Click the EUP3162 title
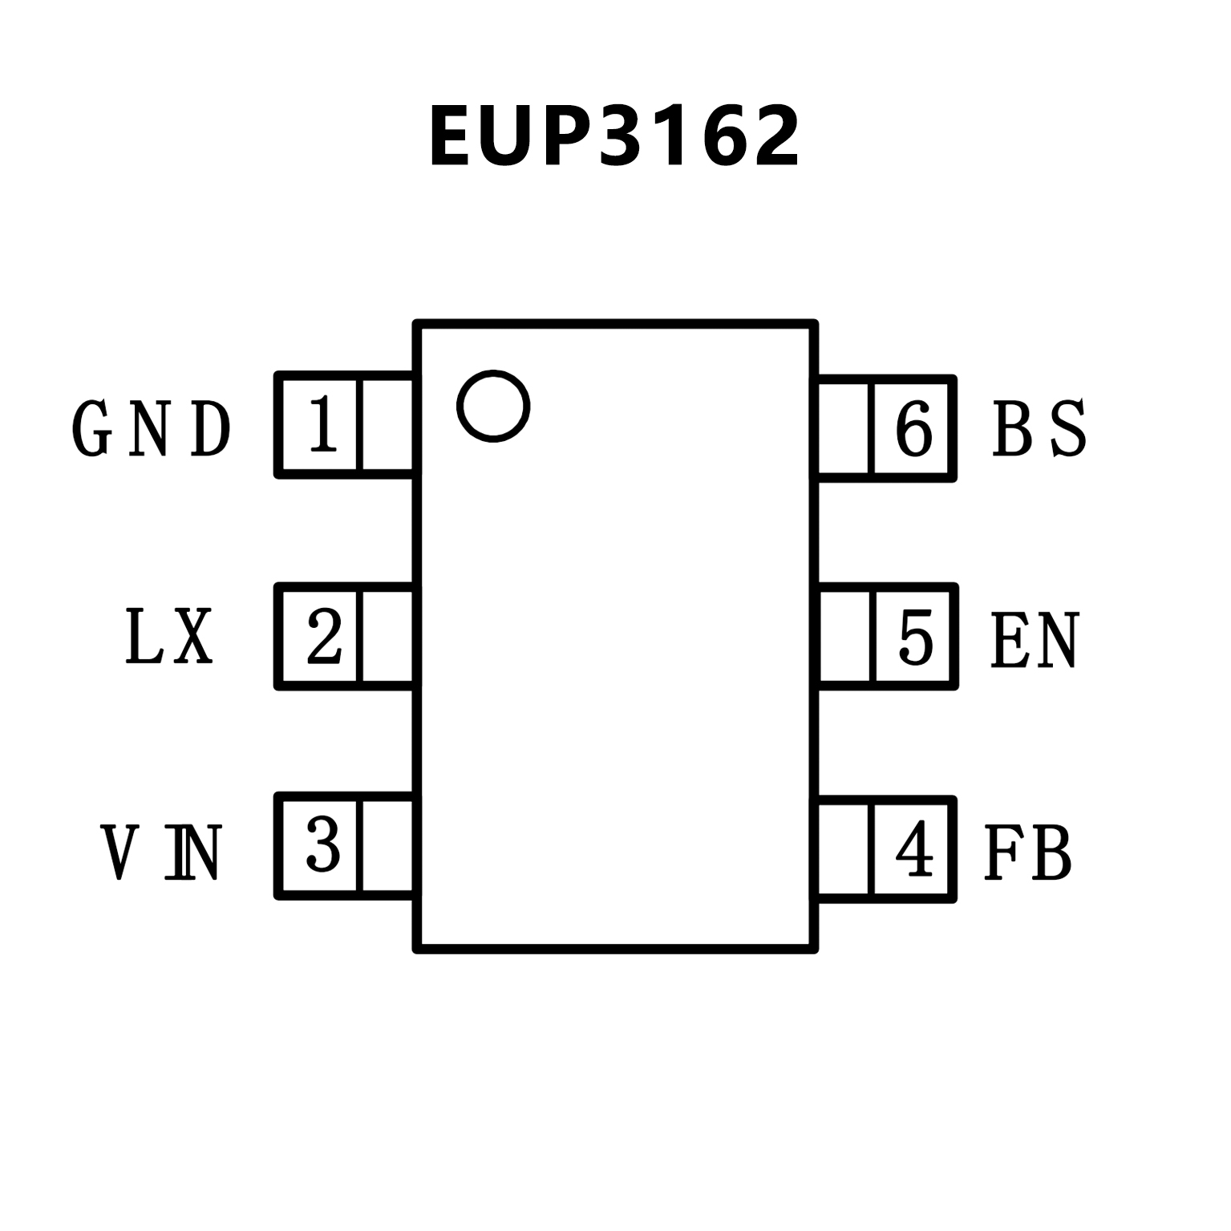pos(614,136)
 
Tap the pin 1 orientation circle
pos(493,405)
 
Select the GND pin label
pos(152,428)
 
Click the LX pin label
pos(170,637)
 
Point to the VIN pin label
pos(160,852)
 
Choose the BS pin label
pos(1039,428)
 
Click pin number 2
pos(323,637)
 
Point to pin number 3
pos(322,846)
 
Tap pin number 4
pos(914,849)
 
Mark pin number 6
pos(914,428)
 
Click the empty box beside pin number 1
pos(388,425)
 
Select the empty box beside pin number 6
pos(844,428)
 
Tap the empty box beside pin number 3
pos(388,846)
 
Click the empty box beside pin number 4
pos(844,849)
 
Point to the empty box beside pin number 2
pos(388,637)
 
